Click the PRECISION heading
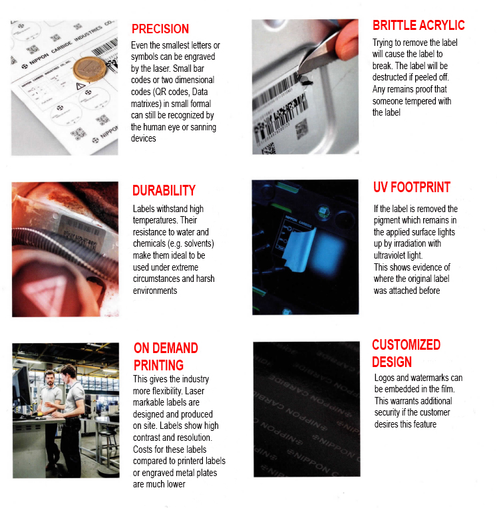coord(160,29)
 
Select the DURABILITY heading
coord(164,190)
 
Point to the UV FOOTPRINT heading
coord(412,188)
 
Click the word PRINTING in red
coord(158,365)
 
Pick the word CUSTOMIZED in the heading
coord(407,344)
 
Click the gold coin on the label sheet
coord(90,69)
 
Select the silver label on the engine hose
coord(81,232)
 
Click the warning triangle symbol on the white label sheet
coord(81,86)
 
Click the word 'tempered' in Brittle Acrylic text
coord(420,102)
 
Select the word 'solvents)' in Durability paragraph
coord(199,243)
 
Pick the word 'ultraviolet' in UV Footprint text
coord(389,255)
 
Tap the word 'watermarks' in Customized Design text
coord(430,378)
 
